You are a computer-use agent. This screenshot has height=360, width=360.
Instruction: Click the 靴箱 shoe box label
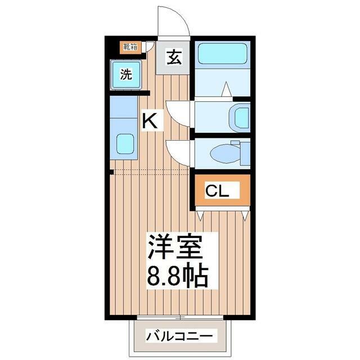tap(130, 47)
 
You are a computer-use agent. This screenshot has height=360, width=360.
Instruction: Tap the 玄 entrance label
tap(174, 57)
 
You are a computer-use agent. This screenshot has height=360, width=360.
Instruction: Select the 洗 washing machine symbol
tap(126, 74)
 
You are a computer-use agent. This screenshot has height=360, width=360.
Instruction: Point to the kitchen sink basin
tap(125, 144)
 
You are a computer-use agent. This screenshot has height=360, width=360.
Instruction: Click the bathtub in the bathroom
tap(223, 54)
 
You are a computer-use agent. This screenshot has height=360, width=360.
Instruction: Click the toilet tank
tap(245, 154)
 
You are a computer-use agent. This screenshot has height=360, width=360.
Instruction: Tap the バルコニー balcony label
tap(179, 336)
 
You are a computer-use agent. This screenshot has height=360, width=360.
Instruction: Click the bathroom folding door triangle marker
tap(226, 89)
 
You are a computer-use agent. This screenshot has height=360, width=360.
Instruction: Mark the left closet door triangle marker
tap(200, 216)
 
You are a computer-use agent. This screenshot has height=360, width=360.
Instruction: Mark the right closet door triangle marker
tap(245, 216)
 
